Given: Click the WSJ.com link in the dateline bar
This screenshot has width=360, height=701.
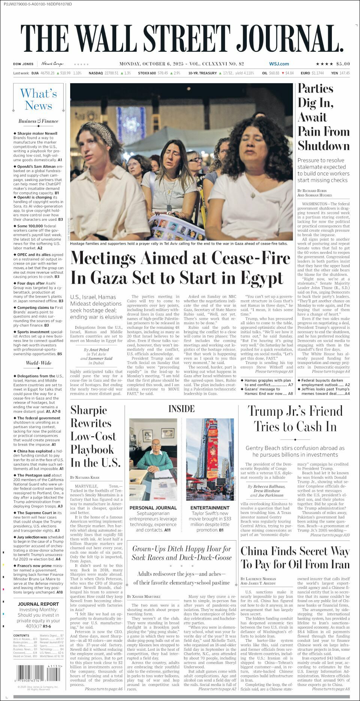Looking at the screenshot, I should coord(279,64).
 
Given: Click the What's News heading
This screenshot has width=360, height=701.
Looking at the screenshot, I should coord(39,99).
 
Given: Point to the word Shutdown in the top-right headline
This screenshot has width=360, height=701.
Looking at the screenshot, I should coord(324,146).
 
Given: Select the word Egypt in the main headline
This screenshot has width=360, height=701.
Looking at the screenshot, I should coord(262,278).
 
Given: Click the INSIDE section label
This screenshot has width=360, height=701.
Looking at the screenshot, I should coord(181,409).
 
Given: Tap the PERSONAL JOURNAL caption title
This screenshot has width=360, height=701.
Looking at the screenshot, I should coord(153,508).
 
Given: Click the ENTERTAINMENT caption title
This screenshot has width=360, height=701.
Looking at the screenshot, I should coord(210,508).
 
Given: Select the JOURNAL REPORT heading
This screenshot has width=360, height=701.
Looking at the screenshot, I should coord(38,604).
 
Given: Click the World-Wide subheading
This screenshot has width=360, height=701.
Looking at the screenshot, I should coord(38,363).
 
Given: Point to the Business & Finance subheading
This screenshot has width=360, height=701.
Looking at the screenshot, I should coord(38,121).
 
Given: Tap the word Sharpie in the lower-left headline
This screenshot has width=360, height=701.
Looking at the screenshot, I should coord(88,410).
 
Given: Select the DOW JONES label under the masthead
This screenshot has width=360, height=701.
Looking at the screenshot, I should coord(23,64).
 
